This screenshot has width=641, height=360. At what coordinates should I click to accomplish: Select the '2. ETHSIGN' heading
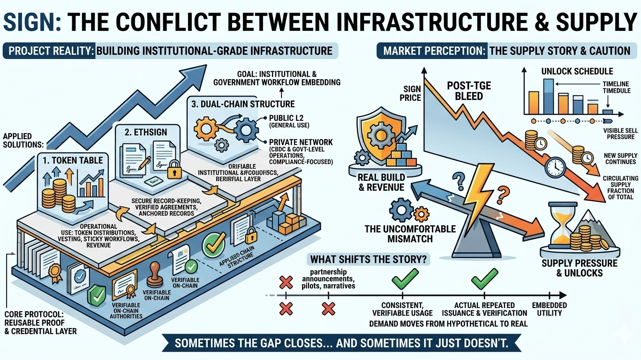[x=146, y=132]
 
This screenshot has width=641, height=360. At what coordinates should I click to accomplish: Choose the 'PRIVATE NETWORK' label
[x=301, y=142]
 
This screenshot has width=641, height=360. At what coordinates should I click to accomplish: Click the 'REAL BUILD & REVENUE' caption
[x=381, y=182]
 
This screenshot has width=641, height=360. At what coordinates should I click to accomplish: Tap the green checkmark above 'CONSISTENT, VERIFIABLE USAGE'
[x=402, y=281]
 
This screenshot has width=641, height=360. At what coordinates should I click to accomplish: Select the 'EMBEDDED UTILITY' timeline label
[x=549, y=309]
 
